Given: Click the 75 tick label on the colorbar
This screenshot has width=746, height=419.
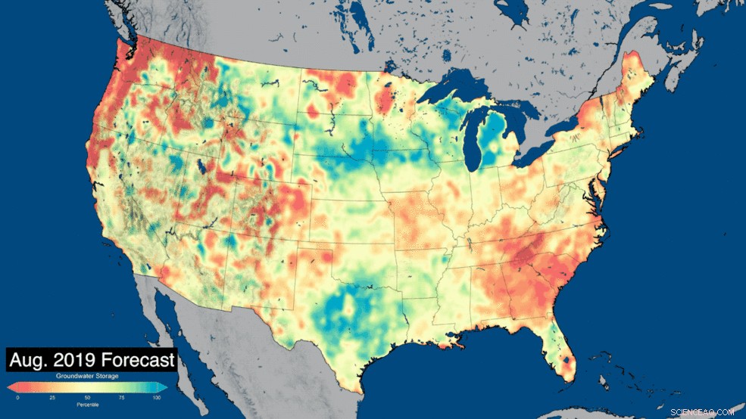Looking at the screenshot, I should click(x=121, y=397).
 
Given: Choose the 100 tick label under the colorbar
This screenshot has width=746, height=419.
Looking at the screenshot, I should click(x=157, y=397).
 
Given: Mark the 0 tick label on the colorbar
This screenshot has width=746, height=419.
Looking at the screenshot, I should click(x=17, y=397).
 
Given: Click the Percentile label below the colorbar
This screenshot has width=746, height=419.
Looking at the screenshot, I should click(x=86, y=405).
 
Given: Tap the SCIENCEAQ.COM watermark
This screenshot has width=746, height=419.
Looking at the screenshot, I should click(x=702, y=412).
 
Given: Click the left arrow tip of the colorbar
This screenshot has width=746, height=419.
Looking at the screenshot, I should click(x=10, y=387).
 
